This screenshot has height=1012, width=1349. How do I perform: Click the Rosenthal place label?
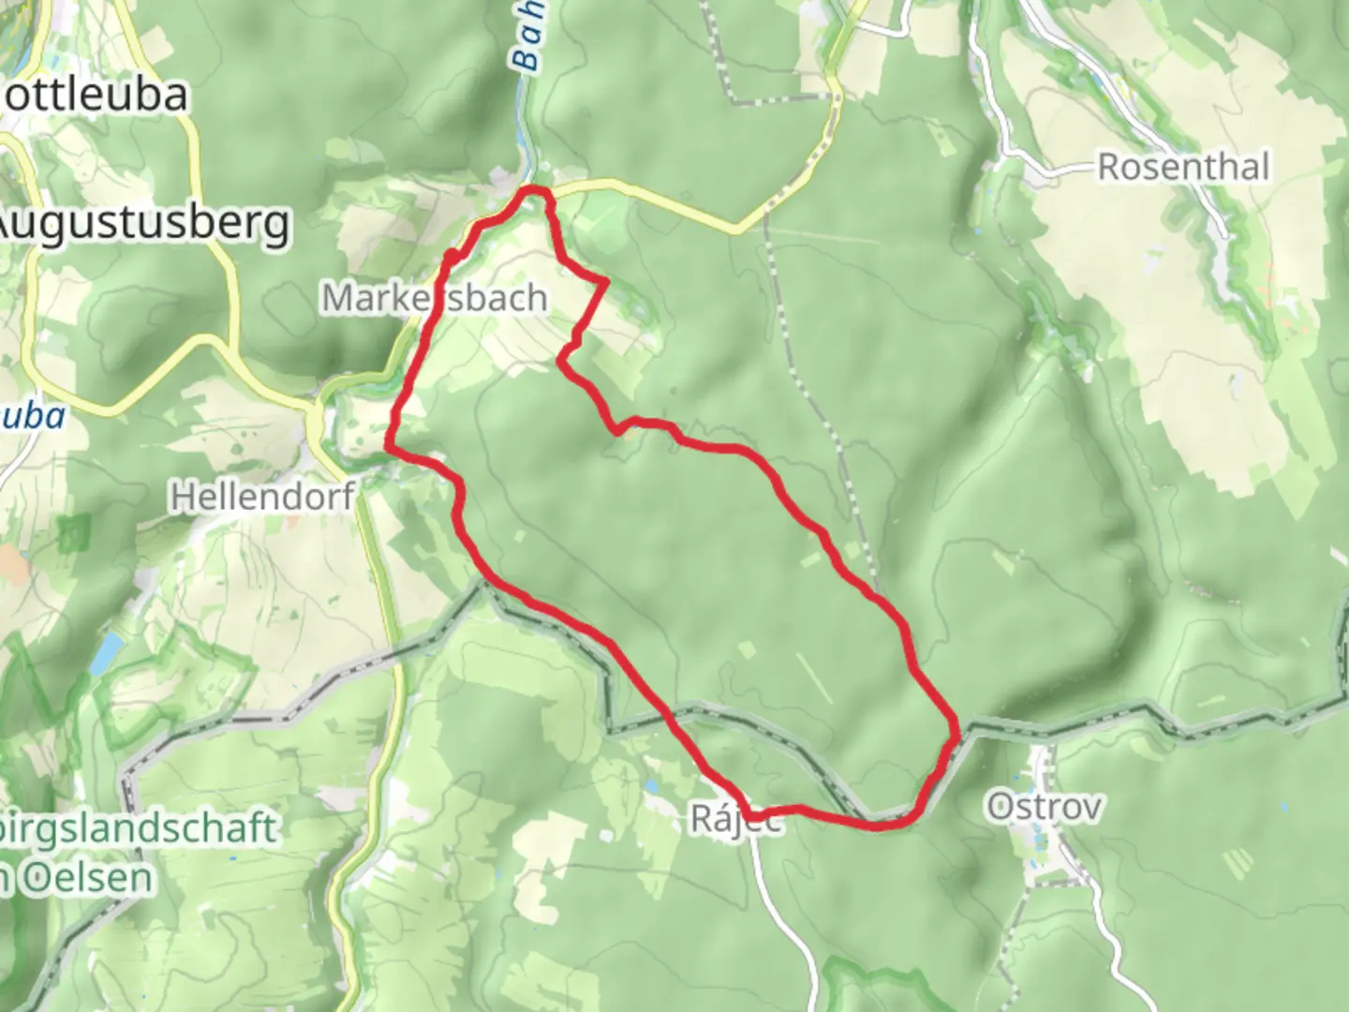[1183, 168]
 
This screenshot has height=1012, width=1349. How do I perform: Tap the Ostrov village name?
[1045, 807]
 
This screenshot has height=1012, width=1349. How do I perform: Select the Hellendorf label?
[262, 496]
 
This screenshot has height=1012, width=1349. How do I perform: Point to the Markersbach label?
[435, 298]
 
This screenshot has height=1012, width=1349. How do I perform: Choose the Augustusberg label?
[142, 223]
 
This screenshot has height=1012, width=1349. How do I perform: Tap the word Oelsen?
[80, 879]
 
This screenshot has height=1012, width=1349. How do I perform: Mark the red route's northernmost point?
[534, 191]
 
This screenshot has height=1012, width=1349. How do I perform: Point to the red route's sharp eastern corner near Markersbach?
[605, 281]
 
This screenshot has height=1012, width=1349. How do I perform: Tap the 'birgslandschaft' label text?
[141, 829]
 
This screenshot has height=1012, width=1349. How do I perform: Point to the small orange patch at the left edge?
[11, 563]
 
